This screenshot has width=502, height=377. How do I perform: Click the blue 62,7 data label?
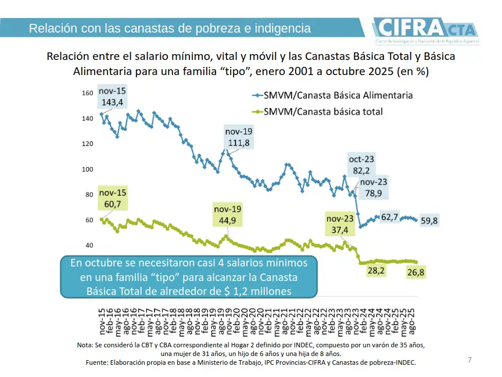(x=389, y=217)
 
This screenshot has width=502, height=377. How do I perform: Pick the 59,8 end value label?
(x=429, y=220)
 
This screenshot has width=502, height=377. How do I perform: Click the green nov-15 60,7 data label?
(x=113, y=198)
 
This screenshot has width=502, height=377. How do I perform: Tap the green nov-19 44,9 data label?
(x=228, y=215)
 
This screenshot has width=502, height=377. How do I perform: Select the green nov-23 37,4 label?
(x=340, y=225)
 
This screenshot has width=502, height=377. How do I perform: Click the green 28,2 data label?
(x=376, y=271)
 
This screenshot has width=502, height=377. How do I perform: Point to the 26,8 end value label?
(x=416, y=273)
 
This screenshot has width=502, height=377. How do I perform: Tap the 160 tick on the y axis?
(x=87, y=93)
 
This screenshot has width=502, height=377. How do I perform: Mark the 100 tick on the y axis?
(x=87, y=169)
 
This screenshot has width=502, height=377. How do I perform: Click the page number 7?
(x=469, y=360)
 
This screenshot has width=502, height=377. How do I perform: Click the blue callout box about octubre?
(x=188, y=277)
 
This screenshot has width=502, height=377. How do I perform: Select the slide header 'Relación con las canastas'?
(x=170, y=28)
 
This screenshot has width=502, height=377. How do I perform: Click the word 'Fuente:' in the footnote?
(x=97, y=362)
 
